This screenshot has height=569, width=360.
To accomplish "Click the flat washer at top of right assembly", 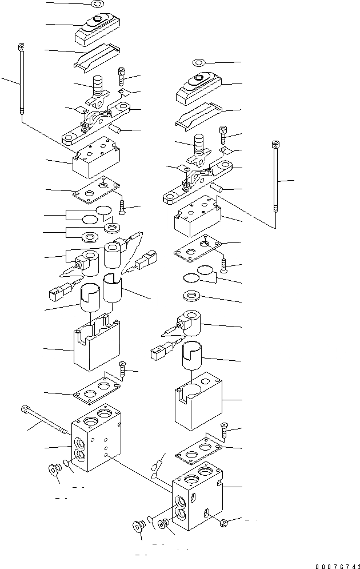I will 198,62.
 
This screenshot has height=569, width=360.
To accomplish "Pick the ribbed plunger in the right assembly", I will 199,147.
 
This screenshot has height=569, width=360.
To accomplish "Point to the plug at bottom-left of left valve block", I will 55,469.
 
